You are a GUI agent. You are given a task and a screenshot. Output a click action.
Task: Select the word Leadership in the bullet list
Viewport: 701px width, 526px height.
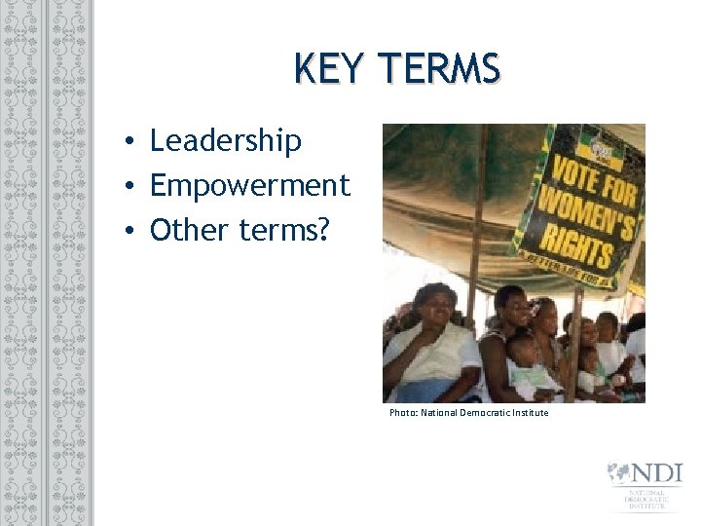(x=225, y=141)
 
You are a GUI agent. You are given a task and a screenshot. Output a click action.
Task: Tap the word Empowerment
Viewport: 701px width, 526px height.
(x=249, y=184)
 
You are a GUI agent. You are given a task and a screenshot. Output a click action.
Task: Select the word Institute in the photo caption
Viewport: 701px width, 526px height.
(x=527, y=413)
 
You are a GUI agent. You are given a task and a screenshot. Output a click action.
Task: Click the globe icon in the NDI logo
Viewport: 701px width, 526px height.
(x=618, y=473)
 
